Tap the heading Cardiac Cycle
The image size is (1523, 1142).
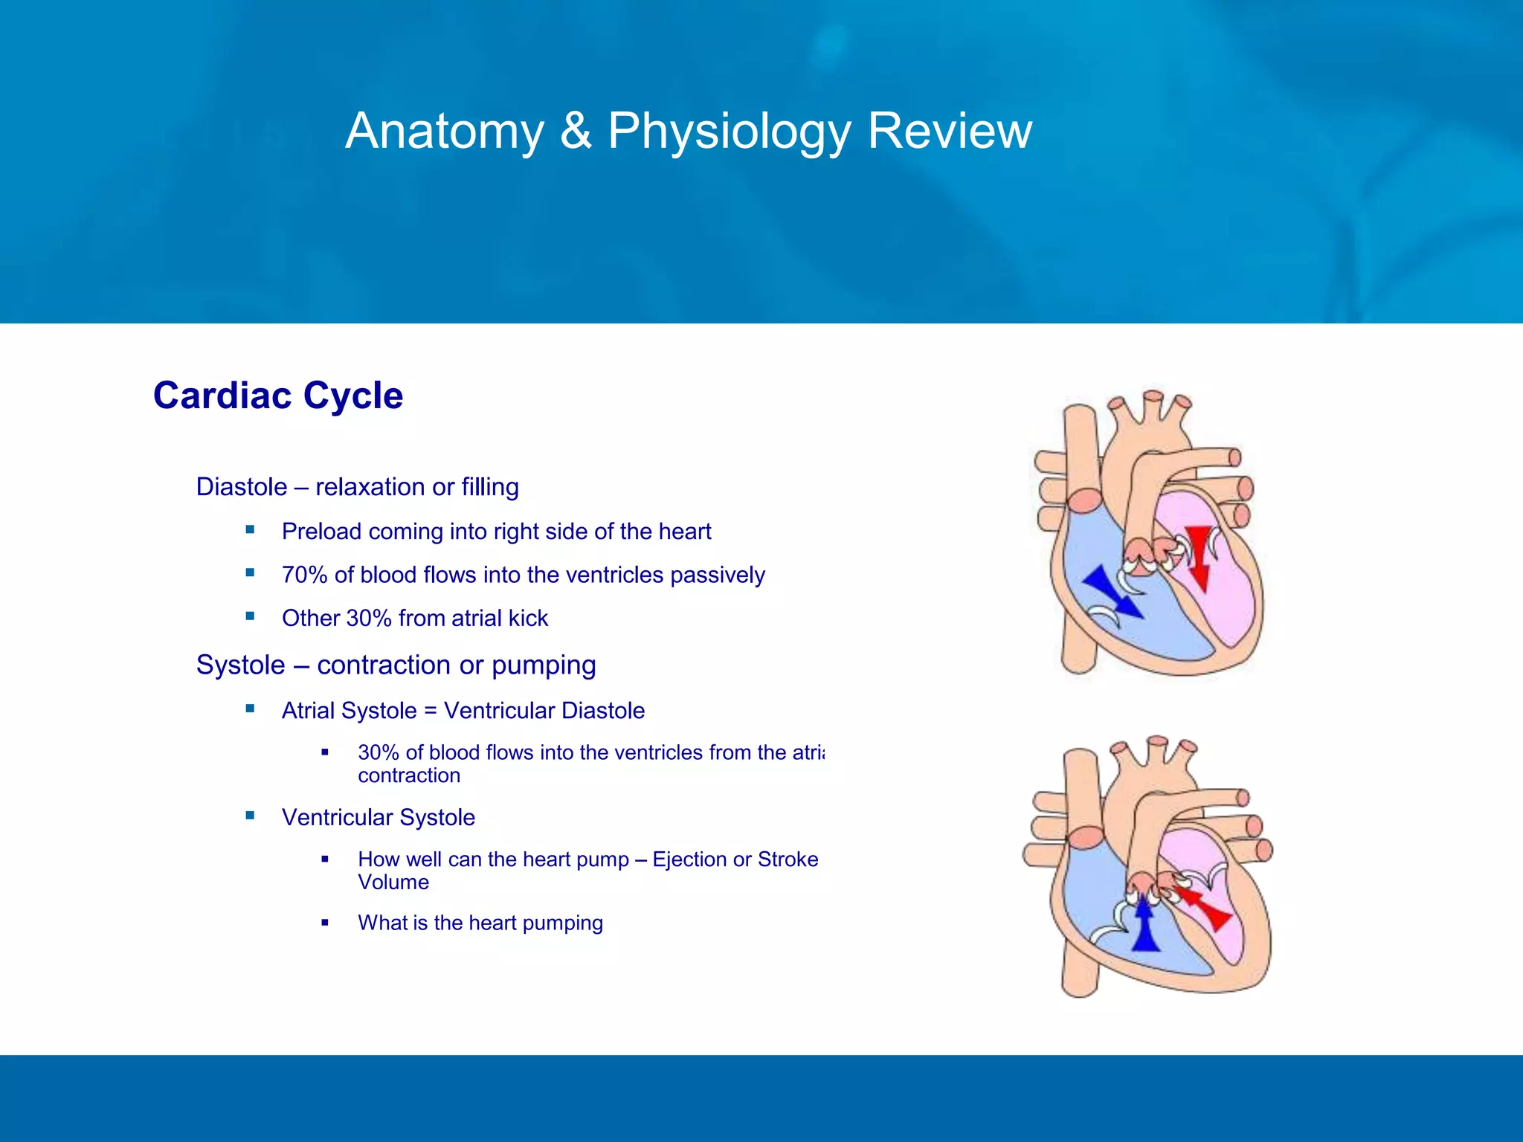pos(277,396)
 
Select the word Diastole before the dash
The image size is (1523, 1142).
pos(242,487)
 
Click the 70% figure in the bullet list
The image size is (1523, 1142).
pos(304,575)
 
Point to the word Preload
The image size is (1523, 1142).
pos(321,532)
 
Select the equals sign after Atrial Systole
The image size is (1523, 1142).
pos(430,711)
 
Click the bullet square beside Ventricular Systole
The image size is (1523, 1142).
pos(250,816)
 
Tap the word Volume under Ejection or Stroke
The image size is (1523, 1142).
pos(393,883)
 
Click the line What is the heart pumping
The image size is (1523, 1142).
pos(480,923)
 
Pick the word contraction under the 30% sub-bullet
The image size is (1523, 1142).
pos(409,775)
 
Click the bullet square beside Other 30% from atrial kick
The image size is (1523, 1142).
pos(250,616)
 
